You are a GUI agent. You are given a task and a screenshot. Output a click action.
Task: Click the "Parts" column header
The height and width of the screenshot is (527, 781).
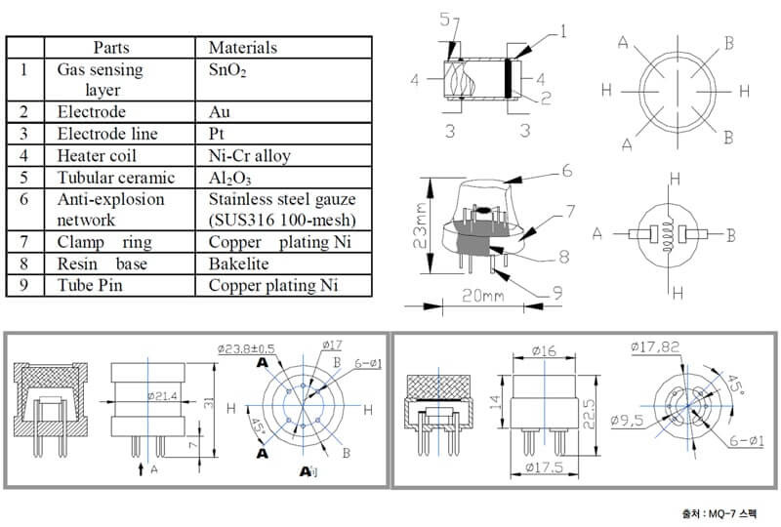[x=119, y=47]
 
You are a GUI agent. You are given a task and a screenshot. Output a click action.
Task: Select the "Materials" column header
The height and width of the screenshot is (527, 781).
[x=243, y=47]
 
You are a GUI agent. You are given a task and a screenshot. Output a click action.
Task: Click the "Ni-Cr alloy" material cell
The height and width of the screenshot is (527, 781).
[x=250, y=155]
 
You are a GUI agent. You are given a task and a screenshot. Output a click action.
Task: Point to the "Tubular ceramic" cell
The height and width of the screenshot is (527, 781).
[x=116, y=178]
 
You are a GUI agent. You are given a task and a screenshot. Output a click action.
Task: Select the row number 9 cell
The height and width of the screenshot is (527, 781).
[x=23, y=285]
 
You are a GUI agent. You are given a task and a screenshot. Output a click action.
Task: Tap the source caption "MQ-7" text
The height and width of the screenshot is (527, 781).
[x=729, y=512]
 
